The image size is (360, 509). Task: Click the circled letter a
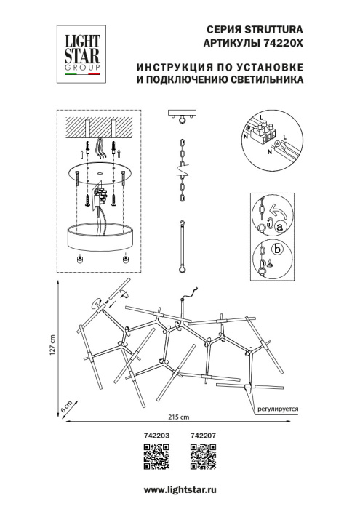click(x=278, y=225)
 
